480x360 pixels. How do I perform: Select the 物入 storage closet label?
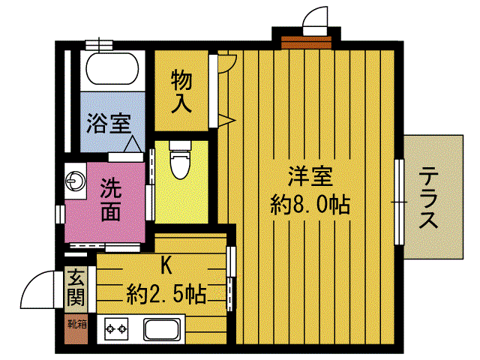coord(181,90)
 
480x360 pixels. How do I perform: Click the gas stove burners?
coord(115,328)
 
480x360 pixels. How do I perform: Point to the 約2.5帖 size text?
coord(166,291)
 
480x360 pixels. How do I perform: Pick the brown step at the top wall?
coord(306,39)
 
